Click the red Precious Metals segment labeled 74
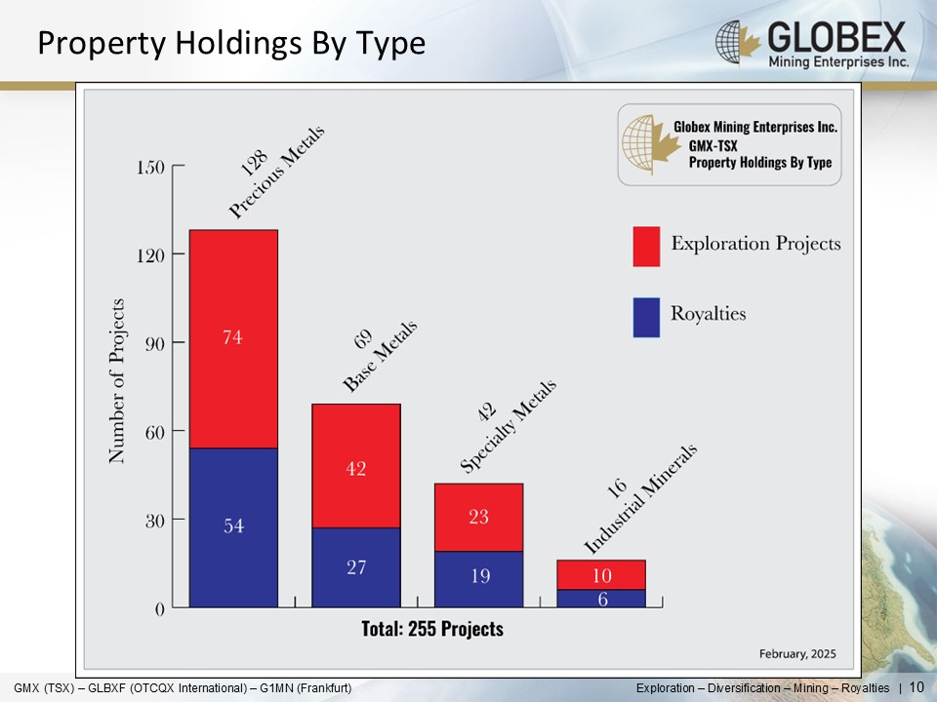[x=233, y=338]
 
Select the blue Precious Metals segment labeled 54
[x=233, y=526]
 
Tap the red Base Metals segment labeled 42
[x=355, y=466]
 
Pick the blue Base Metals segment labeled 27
[x=355, y=566]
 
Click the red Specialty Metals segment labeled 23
[x=478, y=517]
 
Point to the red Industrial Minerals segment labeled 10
[x=601, y=574]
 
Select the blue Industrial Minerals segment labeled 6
[x=601, y=599]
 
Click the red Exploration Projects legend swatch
[x=646, y=246]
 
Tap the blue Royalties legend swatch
[x=646, y=317]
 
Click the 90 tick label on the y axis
[x=152, y=342]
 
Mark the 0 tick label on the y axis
[x=159, y=608]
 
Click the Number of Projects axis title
[x=117, y=380]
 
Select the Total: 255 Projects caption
[x=432, y=629]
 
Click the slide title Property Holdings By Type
[x=231, y=44]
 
